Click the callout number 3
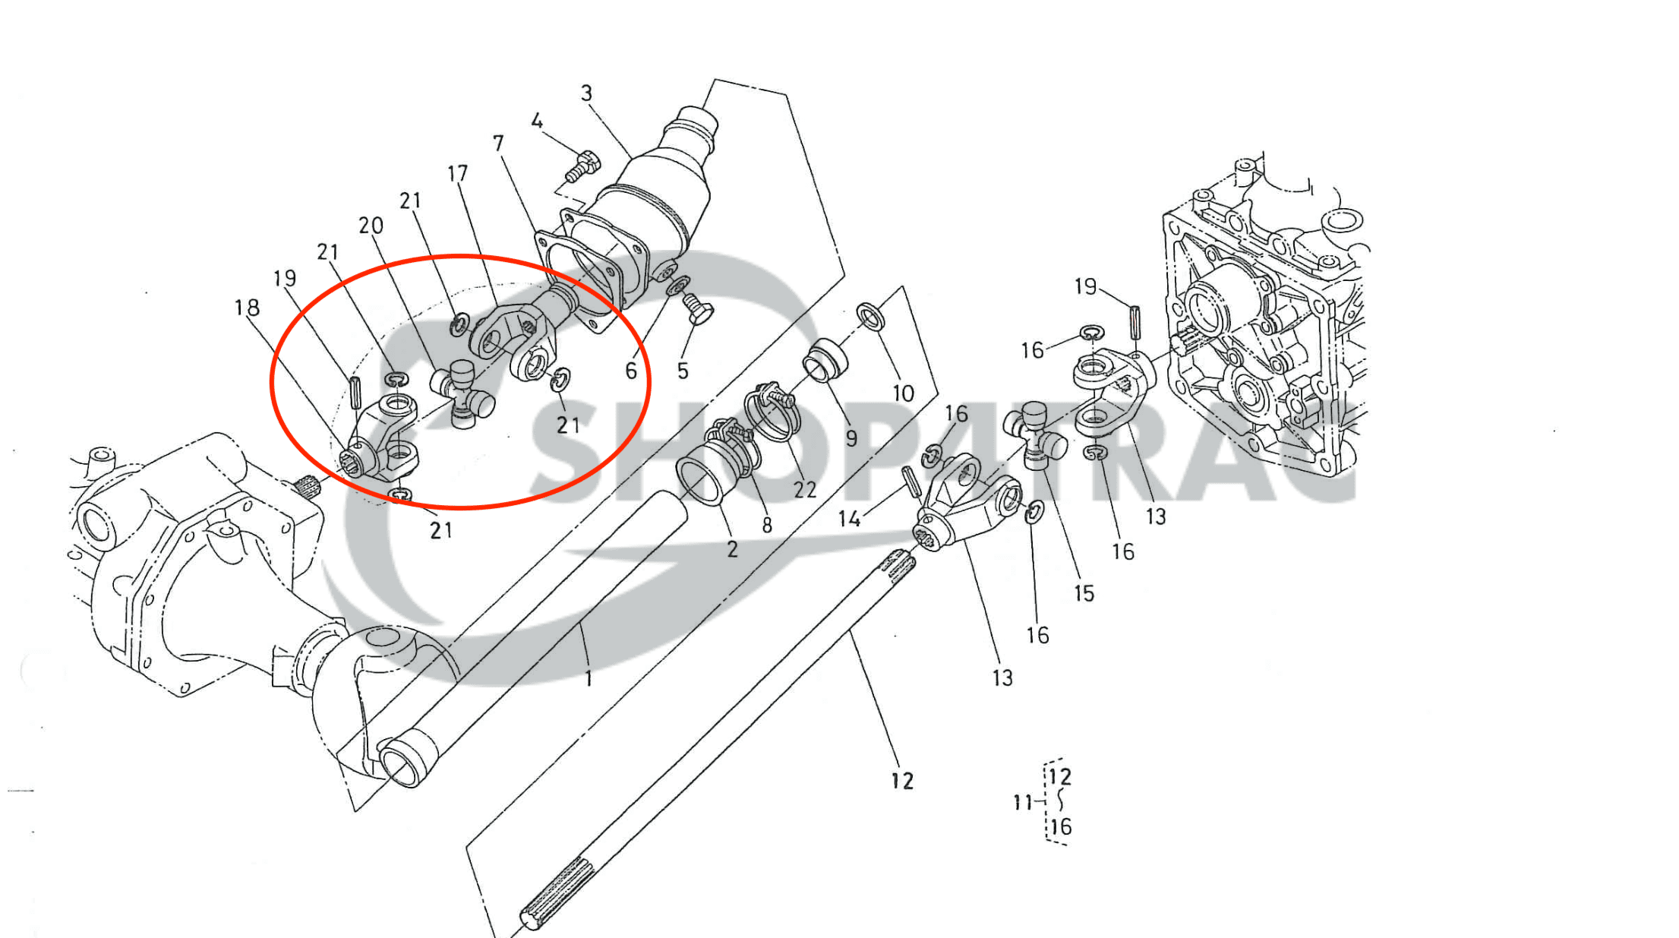[586, 93]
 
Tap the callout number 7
[498, 143]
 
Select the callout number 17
[457, 174]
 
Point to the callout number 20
[371, 226]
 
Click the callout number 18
[247, 308]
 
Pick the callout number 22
[804, 490]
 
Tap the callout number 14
[849, 519]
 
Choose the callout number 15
[1084, 593]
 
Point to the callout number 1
[589, 678]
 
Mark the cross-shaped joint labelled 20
[462, 393]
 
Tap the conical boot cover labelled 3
[661, 190]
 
